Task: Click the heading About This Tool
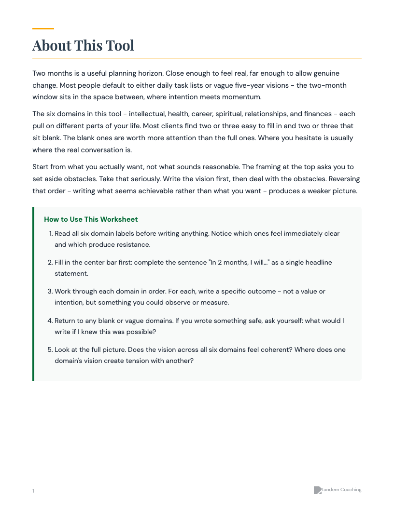tap(83, 45)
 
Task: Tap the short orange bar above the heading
tap(43, 28)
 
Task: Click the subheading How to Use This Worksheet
tap(91, 219)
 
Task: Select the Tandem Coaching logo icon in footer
tap(317, 490)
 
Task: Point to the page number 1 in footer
tap(33, 491)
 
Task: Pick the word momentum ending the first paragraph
tap(242, 97)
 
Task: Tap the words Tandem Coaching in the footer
tap(341, 490)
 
